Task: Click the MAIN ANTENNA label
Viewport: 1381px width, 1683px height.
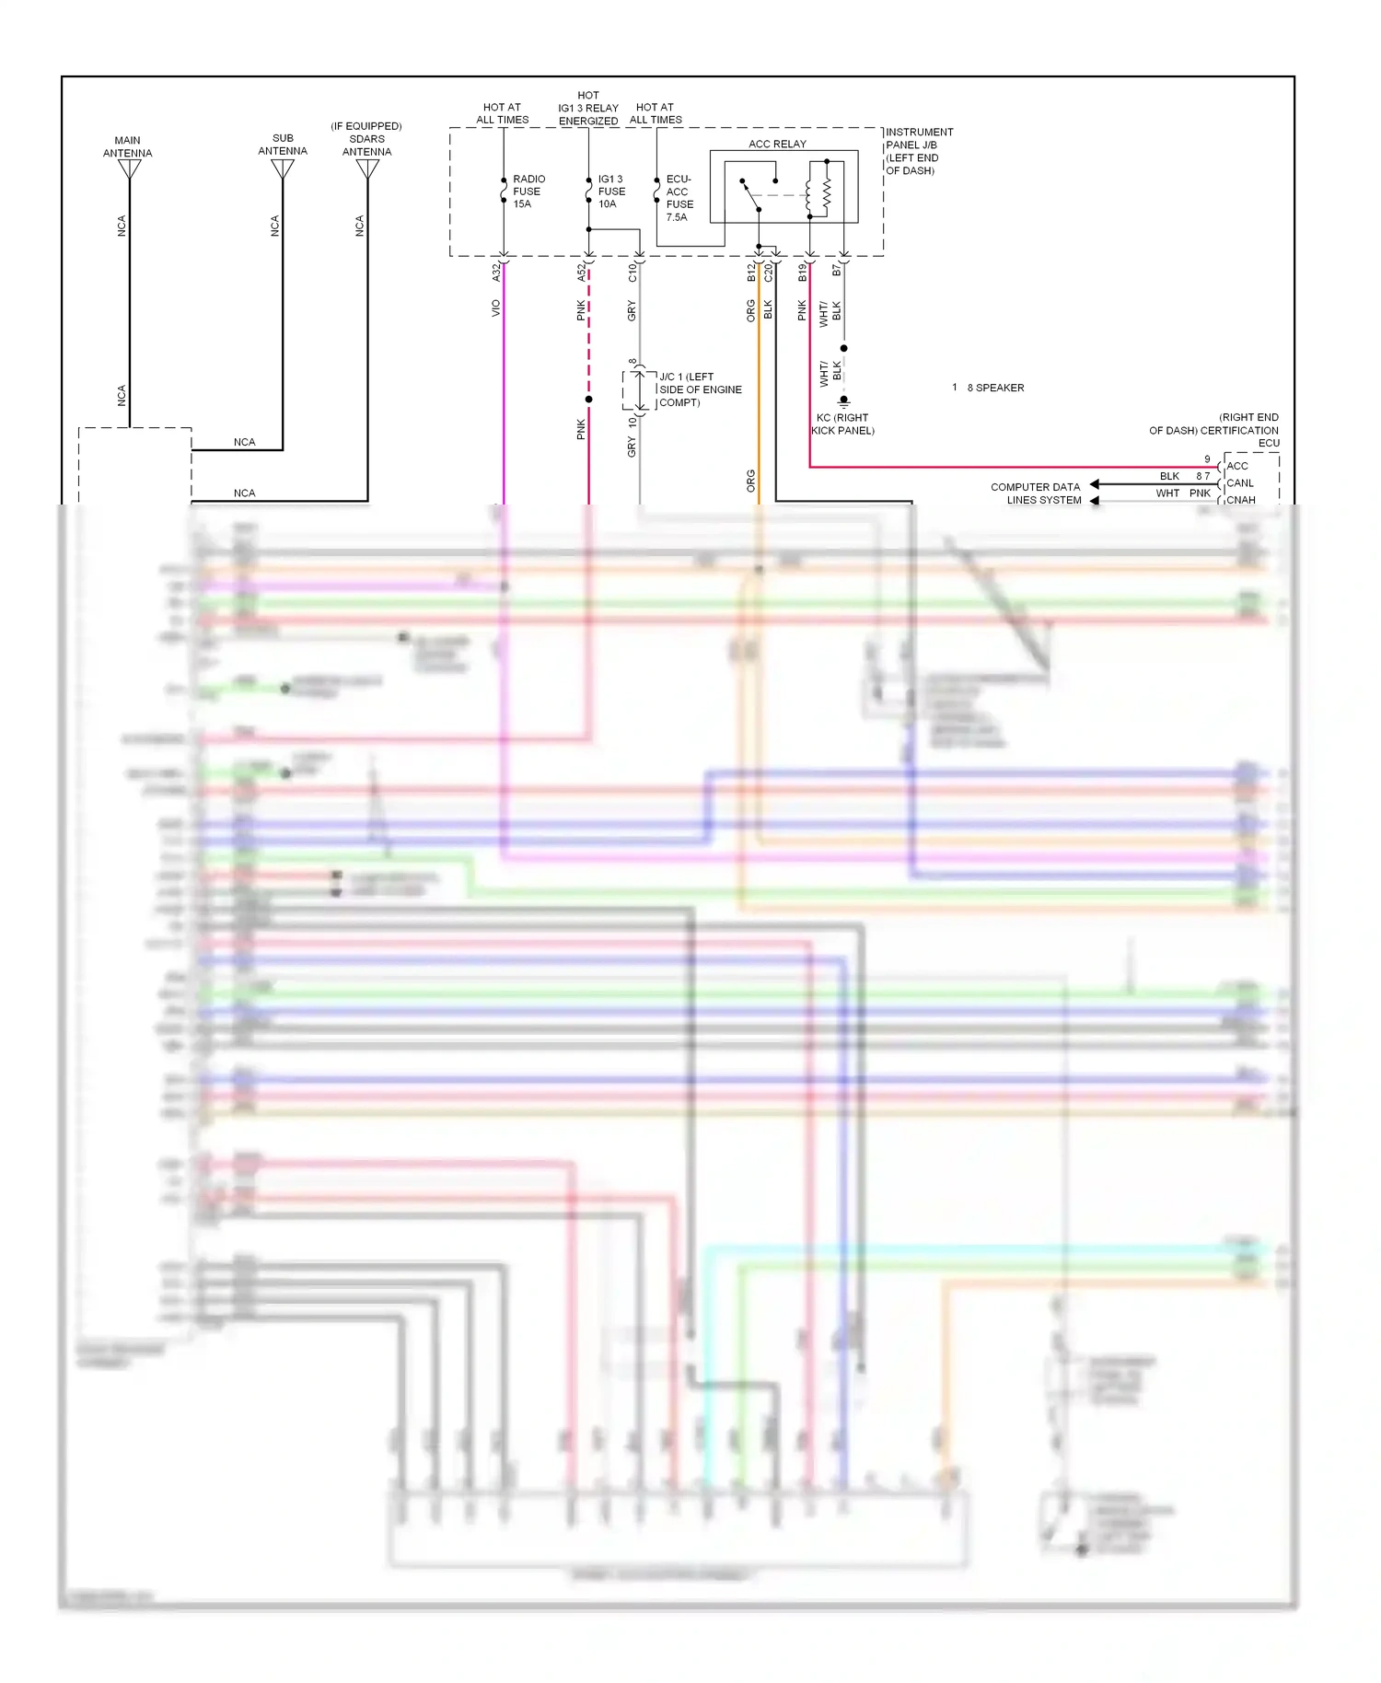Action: click(127, 146)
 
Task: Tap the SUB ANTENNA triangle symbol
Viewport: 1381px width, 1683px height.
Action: click(283, 169)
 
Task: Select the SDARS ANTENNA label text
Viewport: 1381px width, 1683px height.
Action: click(366, 139)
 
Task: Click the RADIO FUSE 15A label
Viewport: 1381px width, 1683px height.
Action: click(528, 192)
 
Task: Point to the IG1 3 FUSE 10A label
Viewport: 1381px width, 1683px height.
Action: click(611, 192)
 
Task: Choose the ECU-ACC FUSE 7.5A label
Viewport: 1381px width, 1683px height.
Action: click(679, 198)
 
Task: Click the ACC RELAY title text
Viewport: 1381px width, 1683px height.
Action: click(777, 144)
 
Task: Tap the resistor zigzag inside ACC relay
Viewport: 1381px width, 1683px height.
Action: click(827, 192)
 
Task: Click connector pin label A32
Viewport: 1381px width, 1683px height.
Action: click(495, 273)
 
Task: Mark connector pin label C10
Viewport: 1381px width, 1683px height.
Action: click(632, 273)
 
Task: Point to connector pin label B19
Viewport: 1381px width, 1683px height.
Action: click(802, 273)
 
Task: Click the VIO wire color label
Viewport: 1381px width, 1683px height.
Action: click(495, 308)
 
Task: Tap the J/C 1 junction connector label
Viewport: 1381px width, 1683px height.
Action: click(700, 389)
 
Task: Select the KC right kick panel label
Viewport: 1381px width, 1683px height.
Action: click(842, 424)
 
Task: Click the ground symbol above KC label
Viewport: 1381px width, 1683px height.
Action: click(843, 400)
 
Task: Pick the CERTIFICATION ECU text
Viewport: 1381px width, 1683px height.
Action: click(1213, 430)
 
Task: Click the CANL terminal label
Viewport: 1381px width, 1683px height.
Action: click(1240, 482)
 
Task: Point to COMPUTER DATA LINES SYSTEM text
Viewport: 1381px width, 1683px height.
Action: click(1036, 493)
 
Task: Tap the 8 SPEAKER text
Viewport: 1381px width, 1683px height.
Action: click(995, 388)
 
